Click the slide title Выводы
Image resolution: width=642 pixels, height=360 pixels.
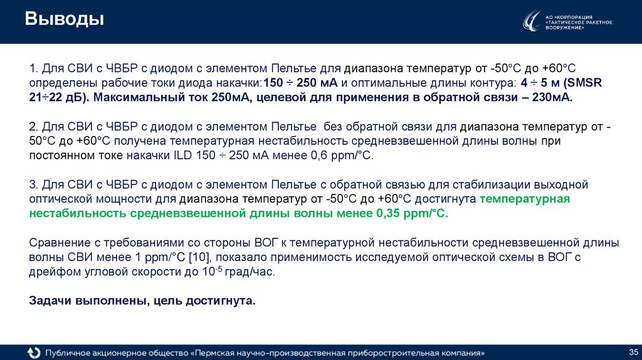65,20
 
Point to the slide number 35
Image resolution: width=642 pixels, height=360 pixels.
632,350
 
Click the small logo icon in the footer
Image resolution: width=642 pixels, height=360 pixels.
33,352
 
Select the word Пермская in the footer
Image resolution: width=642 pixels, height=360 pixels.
219,352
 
